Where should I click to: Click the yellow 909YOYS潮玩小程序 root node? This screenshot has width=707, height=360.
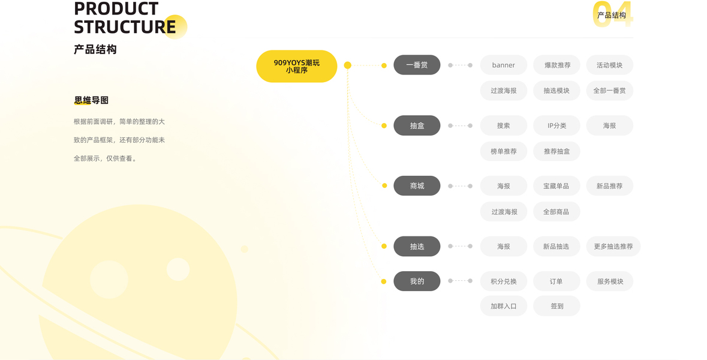pos(296,66)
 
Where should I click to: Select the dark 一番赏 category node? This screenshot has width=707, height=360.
pos(417,65)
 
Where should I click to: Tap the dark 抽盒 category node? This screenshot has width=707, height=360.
pos(417,125)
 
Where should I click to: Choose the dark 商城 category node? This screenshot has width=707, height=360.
pos(417,186)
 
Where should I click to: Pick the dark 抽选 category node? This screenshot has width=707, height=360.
pos(417,246)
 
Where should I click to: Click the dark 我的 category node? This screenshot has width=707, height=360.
pos(417,281)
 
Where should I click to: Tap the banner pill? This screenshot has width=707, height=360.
pos(504,65)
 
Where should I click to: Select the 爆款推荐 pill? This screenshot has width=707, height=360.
pos(557,65)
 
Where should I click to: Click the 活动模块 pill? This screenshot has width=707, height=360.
pos(609,65)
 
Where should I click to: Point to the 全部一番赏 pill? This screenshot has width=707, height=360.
pos(609,91)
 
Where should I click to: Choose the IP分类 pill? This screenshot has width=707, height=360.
pos(556,125)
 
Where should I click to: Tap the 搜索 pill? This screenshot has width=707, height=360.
pos(504,125)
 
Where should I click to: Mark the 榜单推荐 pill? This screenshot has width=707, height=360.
pos(504,151)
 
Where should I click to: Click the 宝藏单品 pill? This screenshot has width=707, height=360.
pos(556,186)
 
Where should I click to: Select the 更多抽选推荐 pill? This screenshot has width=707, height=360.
pos(613,246)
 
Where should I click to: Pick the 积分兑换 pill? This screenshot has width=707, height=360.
pos(504,281)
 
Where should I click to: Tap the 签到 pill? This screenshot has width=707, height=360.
pos(556,306)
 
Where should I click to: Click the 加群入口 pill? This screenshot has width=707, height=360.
pos(504,306)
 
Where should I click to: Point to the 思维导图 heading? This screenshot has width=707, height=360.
pos(91,100)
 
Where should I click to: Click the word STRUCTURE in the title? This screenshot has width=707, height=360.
pos(125,27)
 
